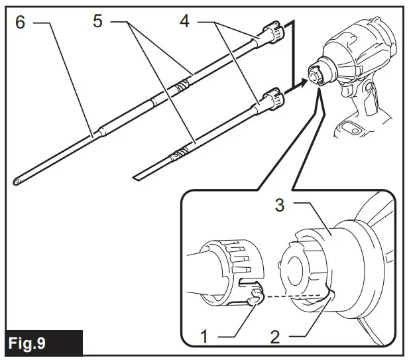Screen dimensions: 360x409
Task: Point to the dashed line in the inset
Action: pos(295,296)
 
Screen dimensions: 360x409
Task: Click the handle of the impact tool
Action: pos(359,123)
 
